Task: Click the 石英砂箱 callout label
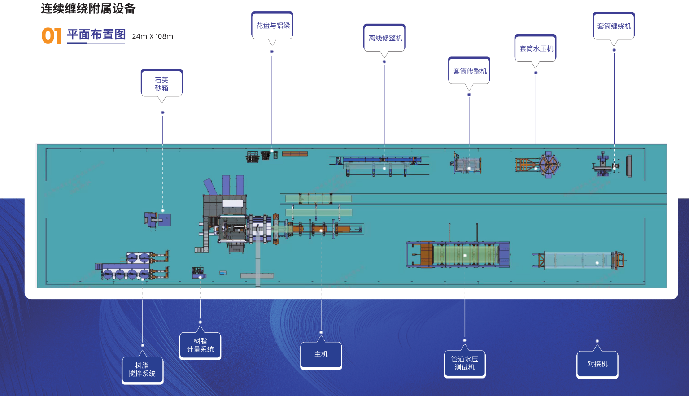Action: tap(162, 83)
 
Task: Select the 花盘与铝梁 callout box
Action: tap(272, 26)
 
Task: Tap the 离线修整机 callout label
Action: tap(384, 38)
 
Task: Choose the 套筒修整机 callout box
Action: tap(469, 71)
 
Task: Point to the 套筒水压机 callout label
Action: tap(536, 48)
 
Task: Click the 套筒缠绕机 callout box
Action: tap(614, 26)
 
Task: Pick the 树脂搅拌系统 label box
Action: tap(143, 370)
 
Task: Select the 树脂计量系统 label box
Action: tap(201, 345)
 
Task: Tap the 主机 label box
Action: tap(321, 355)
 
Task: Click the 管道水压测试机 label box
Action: tap(465, 364)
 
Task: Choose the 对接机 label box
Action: tap(597, 364)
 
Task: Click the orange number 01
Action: tap(52, 35)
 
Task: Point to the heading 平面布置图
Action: tap(96, 35)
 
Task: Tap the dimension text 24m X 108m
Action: tap(153, 36)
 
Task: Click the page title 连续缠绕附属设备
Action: tap(88, 9)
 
